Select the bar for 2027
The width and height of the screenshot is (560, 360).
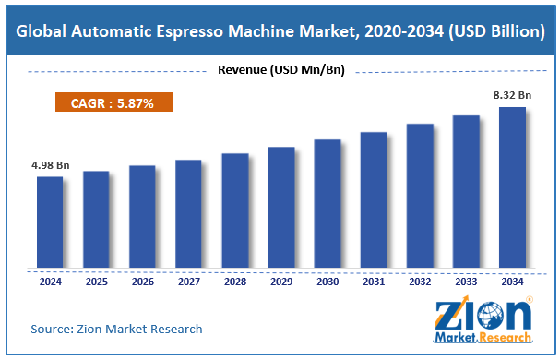(x=188, y=213)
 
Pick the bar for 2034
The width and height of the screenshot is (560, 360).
(x=512, y=187)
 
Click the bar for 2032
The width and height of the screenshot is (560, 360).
(x=420, y=195)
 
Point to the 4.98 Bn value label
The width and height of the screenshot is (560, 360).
(x=50, y=166)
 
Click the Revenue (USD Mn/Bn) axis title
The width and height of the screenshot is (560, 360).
(x=279, y=69)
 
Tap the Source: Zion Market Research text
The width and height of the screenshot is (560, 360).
(x=116, y=329)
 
